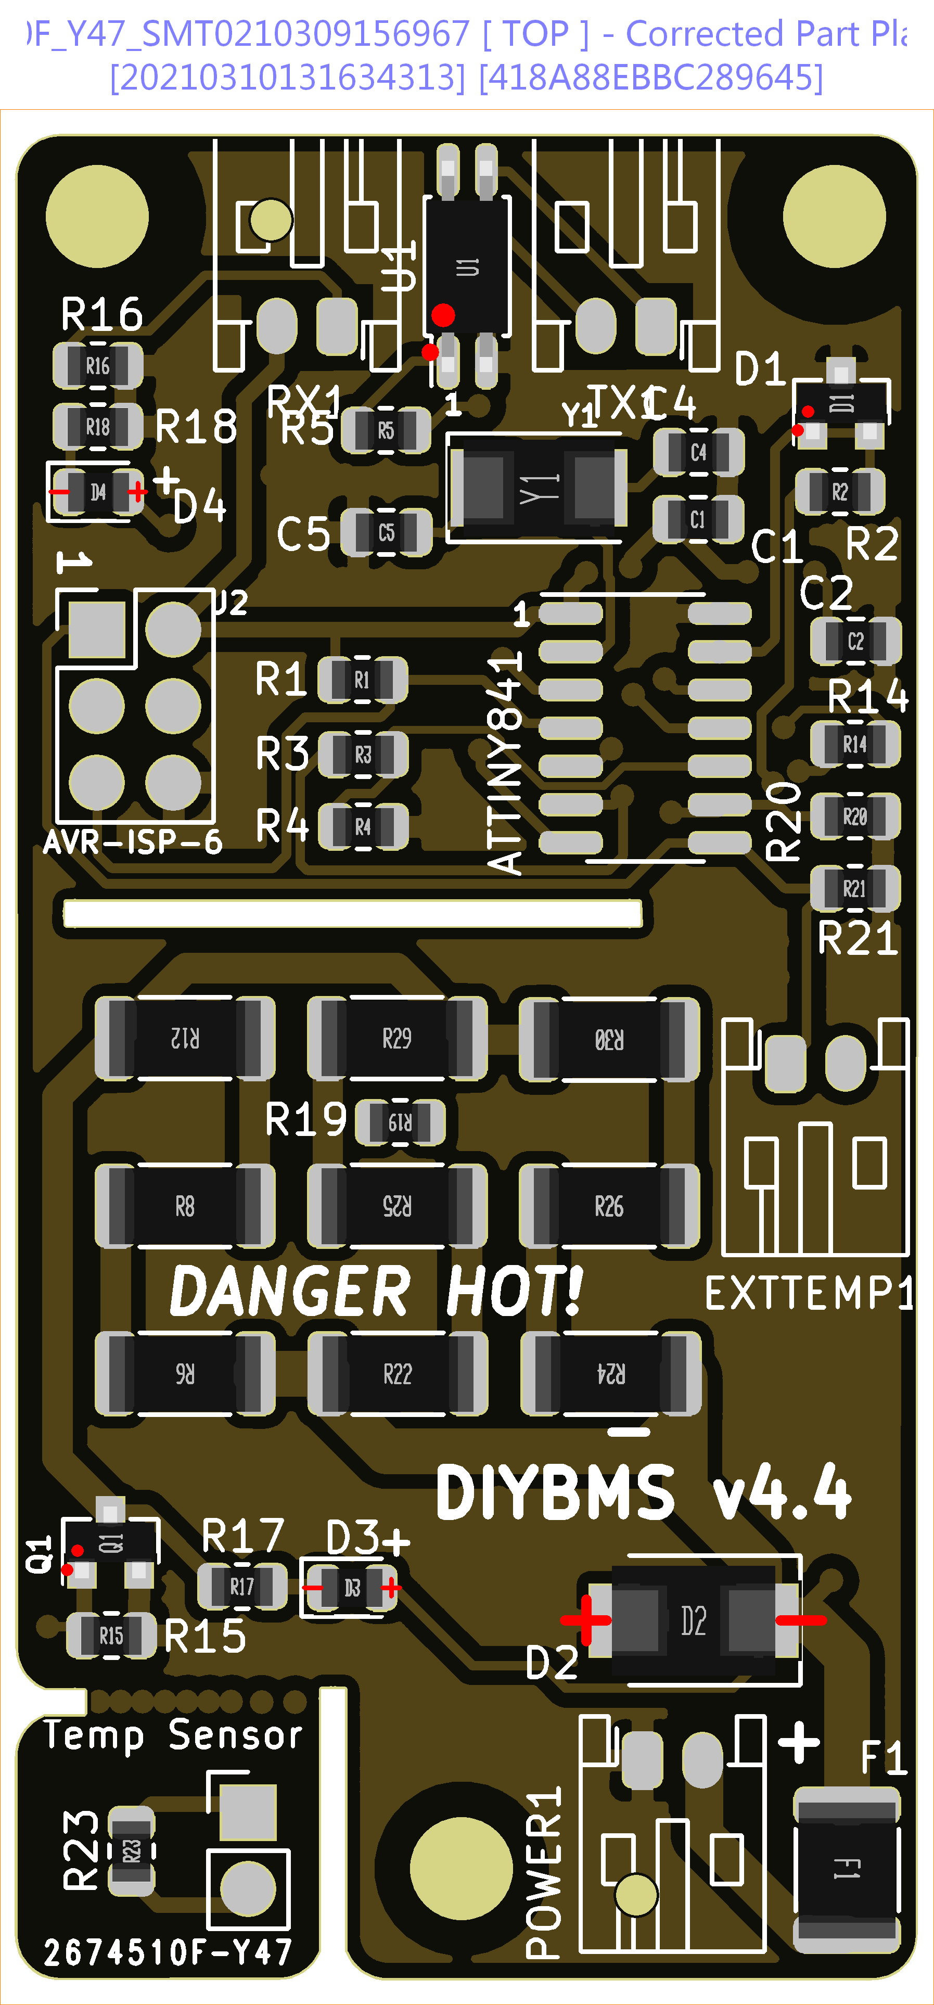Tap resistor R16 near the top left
97,365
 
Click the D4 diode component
97,492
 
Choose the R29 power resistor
397,1038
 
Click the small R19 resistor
400,1121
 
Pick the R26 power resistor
609,1206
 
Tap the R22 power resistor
397,1374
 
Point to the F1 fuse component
847,1868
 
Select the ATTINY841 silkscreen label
505,763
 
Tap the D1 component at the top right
841,403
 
